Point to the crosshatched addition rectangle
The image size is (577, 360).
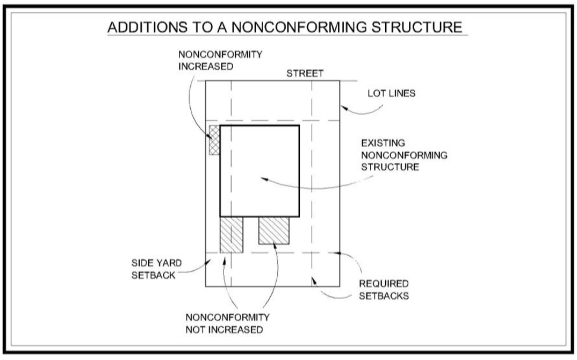[x=214, y=140]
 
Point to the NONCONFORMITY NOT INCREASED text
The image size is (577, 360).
[x=227, y=323]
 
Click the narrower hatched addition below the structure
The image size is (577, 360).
[x=231, y=234]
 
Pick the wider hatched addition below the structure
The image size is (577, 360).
[x=274, y=230]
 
